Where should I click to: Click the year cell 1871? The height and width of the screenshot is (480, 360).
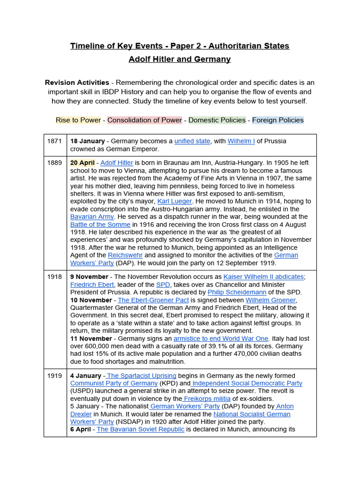pos(54,141)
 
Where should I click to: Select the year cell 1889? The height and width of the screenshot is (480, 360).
pos(54,163)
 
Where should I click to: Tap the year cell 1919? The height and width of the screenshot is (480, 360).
pos(54,375)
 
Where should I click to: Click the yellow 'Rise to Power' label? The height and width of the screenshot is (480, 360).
pos(78,120)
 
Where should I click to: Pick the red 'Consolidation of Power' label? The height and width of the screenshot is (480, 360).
pos(144,120)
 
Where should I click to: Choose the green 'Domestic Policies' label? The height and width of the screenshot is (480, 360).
pos(217,120)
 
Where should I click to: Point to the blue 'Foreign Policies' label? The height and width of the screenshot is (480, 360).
pos(277,120)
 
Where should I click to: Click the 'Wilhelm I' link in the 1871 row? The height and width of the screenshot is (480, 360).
pos(241,141)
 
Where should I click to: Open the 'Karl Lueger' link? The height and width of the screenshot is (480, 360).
pos(174,201)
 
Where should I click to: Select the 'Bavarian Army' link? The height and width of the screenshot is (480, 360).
pos(92,217)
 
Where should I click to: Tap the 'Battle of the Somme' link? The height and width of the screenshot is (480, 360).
pos(100,225)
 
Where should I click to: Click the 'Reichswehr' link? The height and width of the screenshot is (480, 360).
pos(125,255)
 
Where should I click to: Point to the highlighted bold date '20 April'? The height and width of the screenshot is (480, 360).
pos(82,163)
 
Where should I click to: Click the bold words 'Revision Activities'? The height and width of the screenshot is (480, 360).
pos(77,82)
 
